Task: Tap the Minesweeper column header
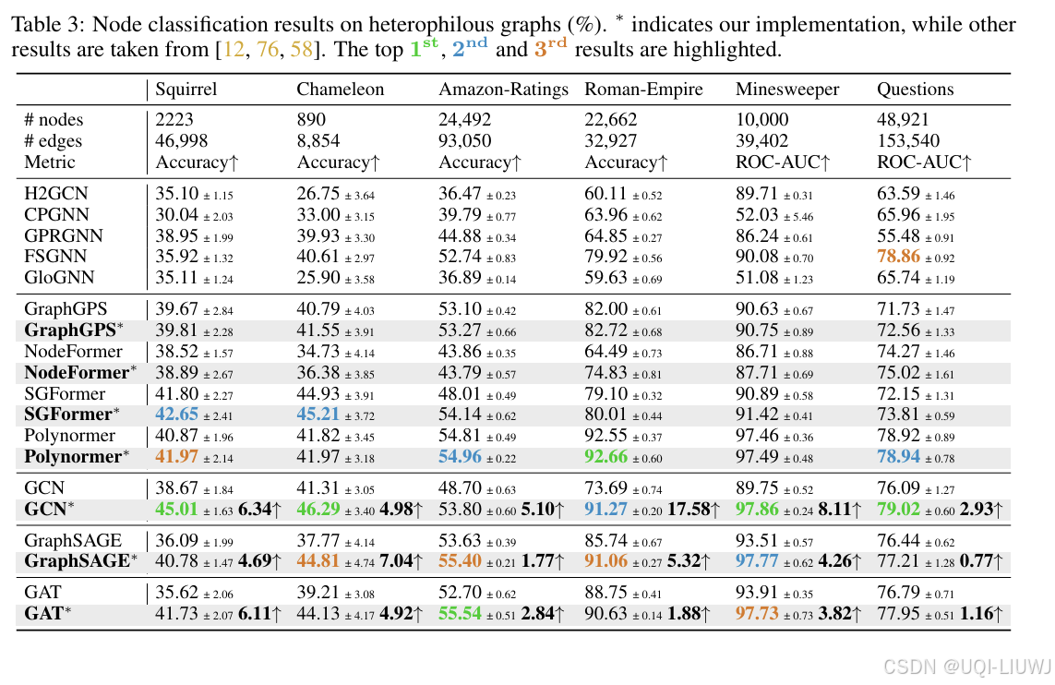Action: [787, 90]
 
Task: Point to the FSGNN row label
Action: [55, 256]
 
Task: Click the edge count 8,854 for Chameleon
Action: [318, 141]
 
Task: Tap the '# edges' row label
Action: [54, 141]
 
